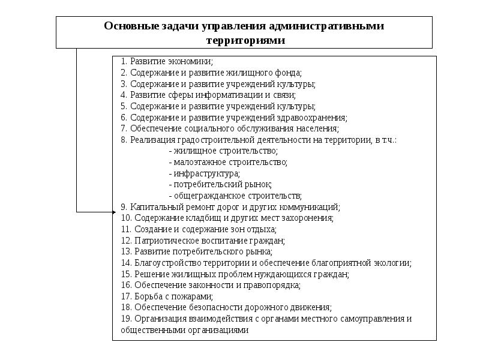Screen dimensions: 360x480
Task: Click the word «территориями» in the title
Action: click(x=244, y=40)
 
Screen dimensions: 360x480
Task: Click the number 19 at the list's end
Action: click(x=125, y=319)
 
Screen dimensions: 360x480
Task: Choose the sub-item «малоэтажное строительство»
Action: click(x=229, y=162)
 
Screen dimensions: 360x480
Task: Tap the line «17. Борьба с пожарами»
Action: click(x=167, y=296)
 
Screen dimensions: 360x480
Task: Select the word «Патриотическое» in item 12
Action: click(x=161, y=240)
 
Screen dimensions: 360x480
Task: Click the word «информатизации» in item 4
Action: click(x=215, y=95)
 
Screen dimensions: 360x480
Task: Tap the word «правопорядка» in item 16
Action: click(x=274, y=285)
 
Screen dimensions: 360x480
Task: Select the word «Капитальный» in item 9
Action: click(x=152, y=207)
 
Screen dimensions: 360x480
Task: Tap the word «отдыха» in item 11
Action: click(x=262, y=229)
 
